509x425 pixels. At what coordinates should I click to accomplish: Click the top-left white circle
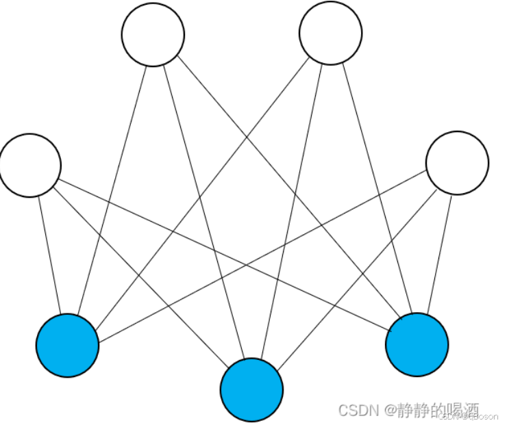(153, 35)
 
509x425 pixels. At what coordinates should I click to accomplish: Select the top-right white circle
(331, 34)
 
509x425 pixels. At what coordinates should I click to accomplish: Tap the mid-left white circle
(30, 165)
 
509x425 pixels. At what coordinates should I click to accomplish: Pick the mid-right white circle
(457, 163)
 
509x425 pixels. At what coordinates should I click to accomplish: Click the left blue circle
(67, 346)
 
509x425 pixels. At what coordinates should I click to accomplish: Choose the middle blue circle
(251, 389)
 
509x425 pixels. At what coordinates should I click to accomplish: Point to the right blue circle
(417, 345)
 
